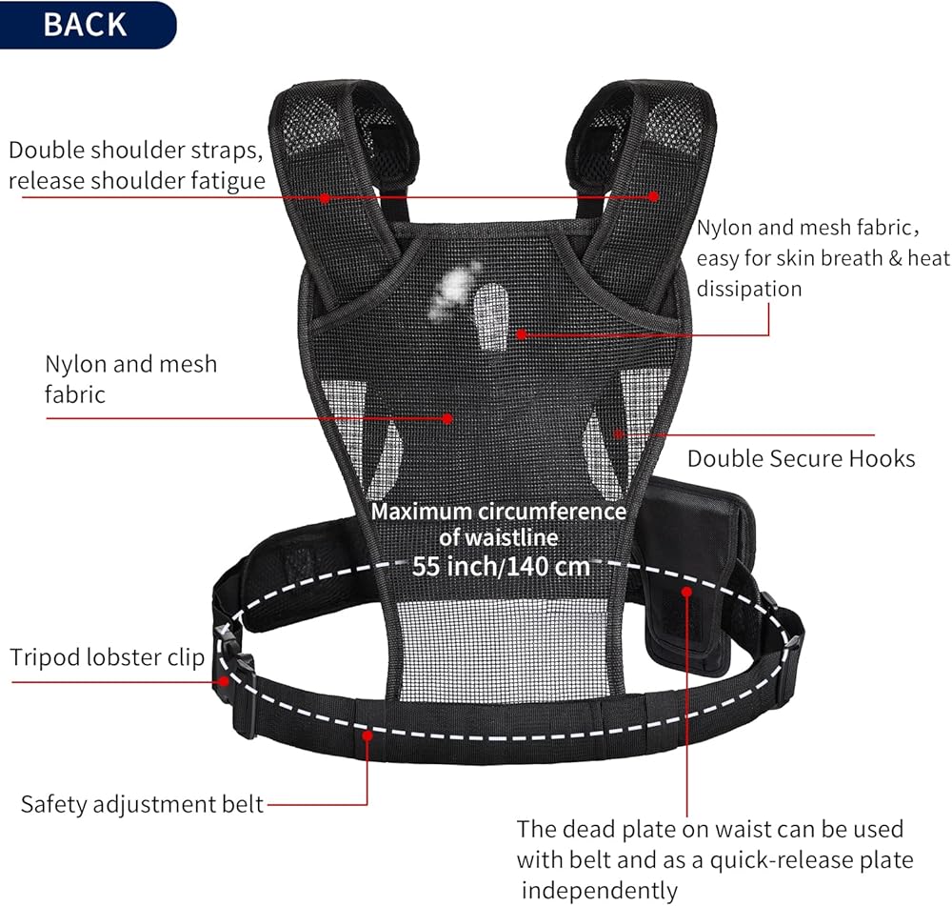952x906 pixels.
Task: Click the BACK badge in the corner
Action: (85, 24)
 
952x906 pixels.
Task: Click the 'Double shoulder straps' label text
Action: (137, 151)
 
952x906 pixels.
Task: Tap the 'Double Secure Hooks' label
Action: (801, 458)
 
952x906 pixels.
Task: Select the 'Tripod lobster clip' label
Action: (108, 657)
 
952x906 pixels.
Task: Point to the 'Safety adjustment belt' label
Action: (142, 804)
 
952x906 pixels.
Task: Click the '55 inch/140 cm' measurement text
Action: (501, 565)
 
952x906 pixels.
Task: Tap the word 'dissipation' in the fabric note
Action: (749, 288)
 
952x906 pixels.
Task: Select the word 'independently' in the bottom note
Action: (599, 890)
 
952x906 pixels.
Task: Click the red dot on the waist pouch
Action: (685, 592)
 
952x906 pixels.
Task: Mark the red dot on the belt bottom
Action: (367, 735)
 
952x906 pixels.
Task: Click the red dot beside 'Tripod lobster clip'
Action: (222, 680)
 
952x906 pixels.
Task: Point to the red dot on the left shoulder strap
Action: (325, 198)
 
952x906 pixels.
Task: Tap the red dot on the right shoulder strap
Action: (654, 196)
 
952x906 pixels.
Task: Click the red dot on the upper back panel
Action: (522, 334)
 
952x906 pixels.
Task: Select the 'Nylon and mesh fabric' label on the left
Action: (130, 378)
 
